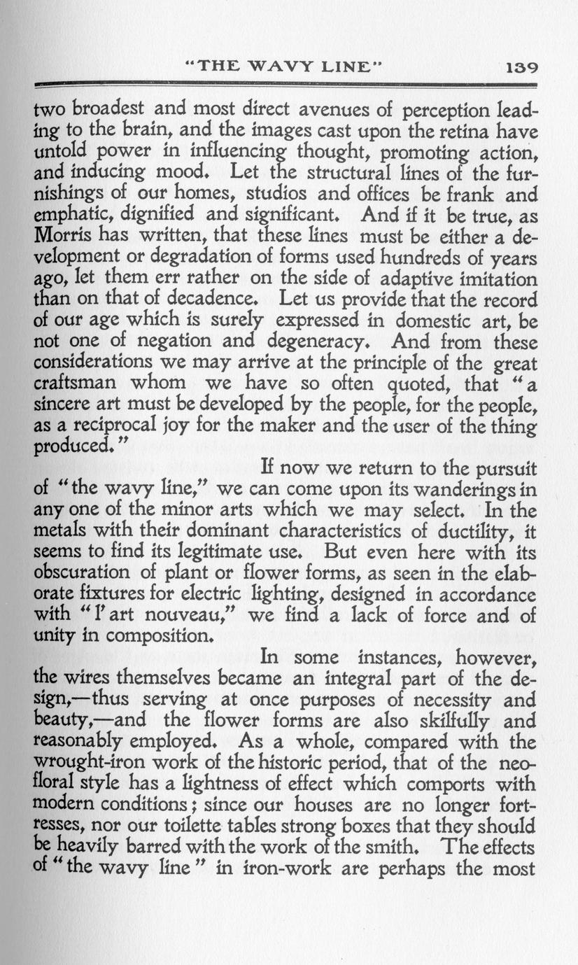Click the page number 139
(520, 67)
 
